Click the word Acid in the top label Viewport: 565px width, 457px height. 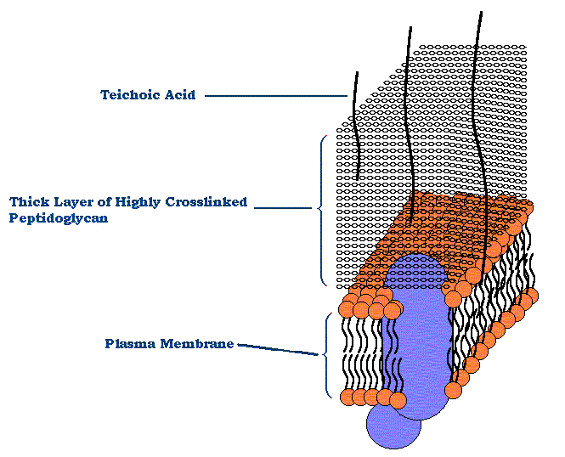click(179, 95)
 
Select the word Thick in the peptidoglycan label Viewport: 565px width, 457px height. click(28, 202)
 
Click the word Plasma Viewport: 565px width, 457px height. click(127, 344)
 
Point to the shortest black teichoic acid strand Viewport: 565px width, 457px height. click(356, 127)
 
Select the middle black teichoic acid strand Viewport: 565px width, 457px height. click(409, 127)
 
